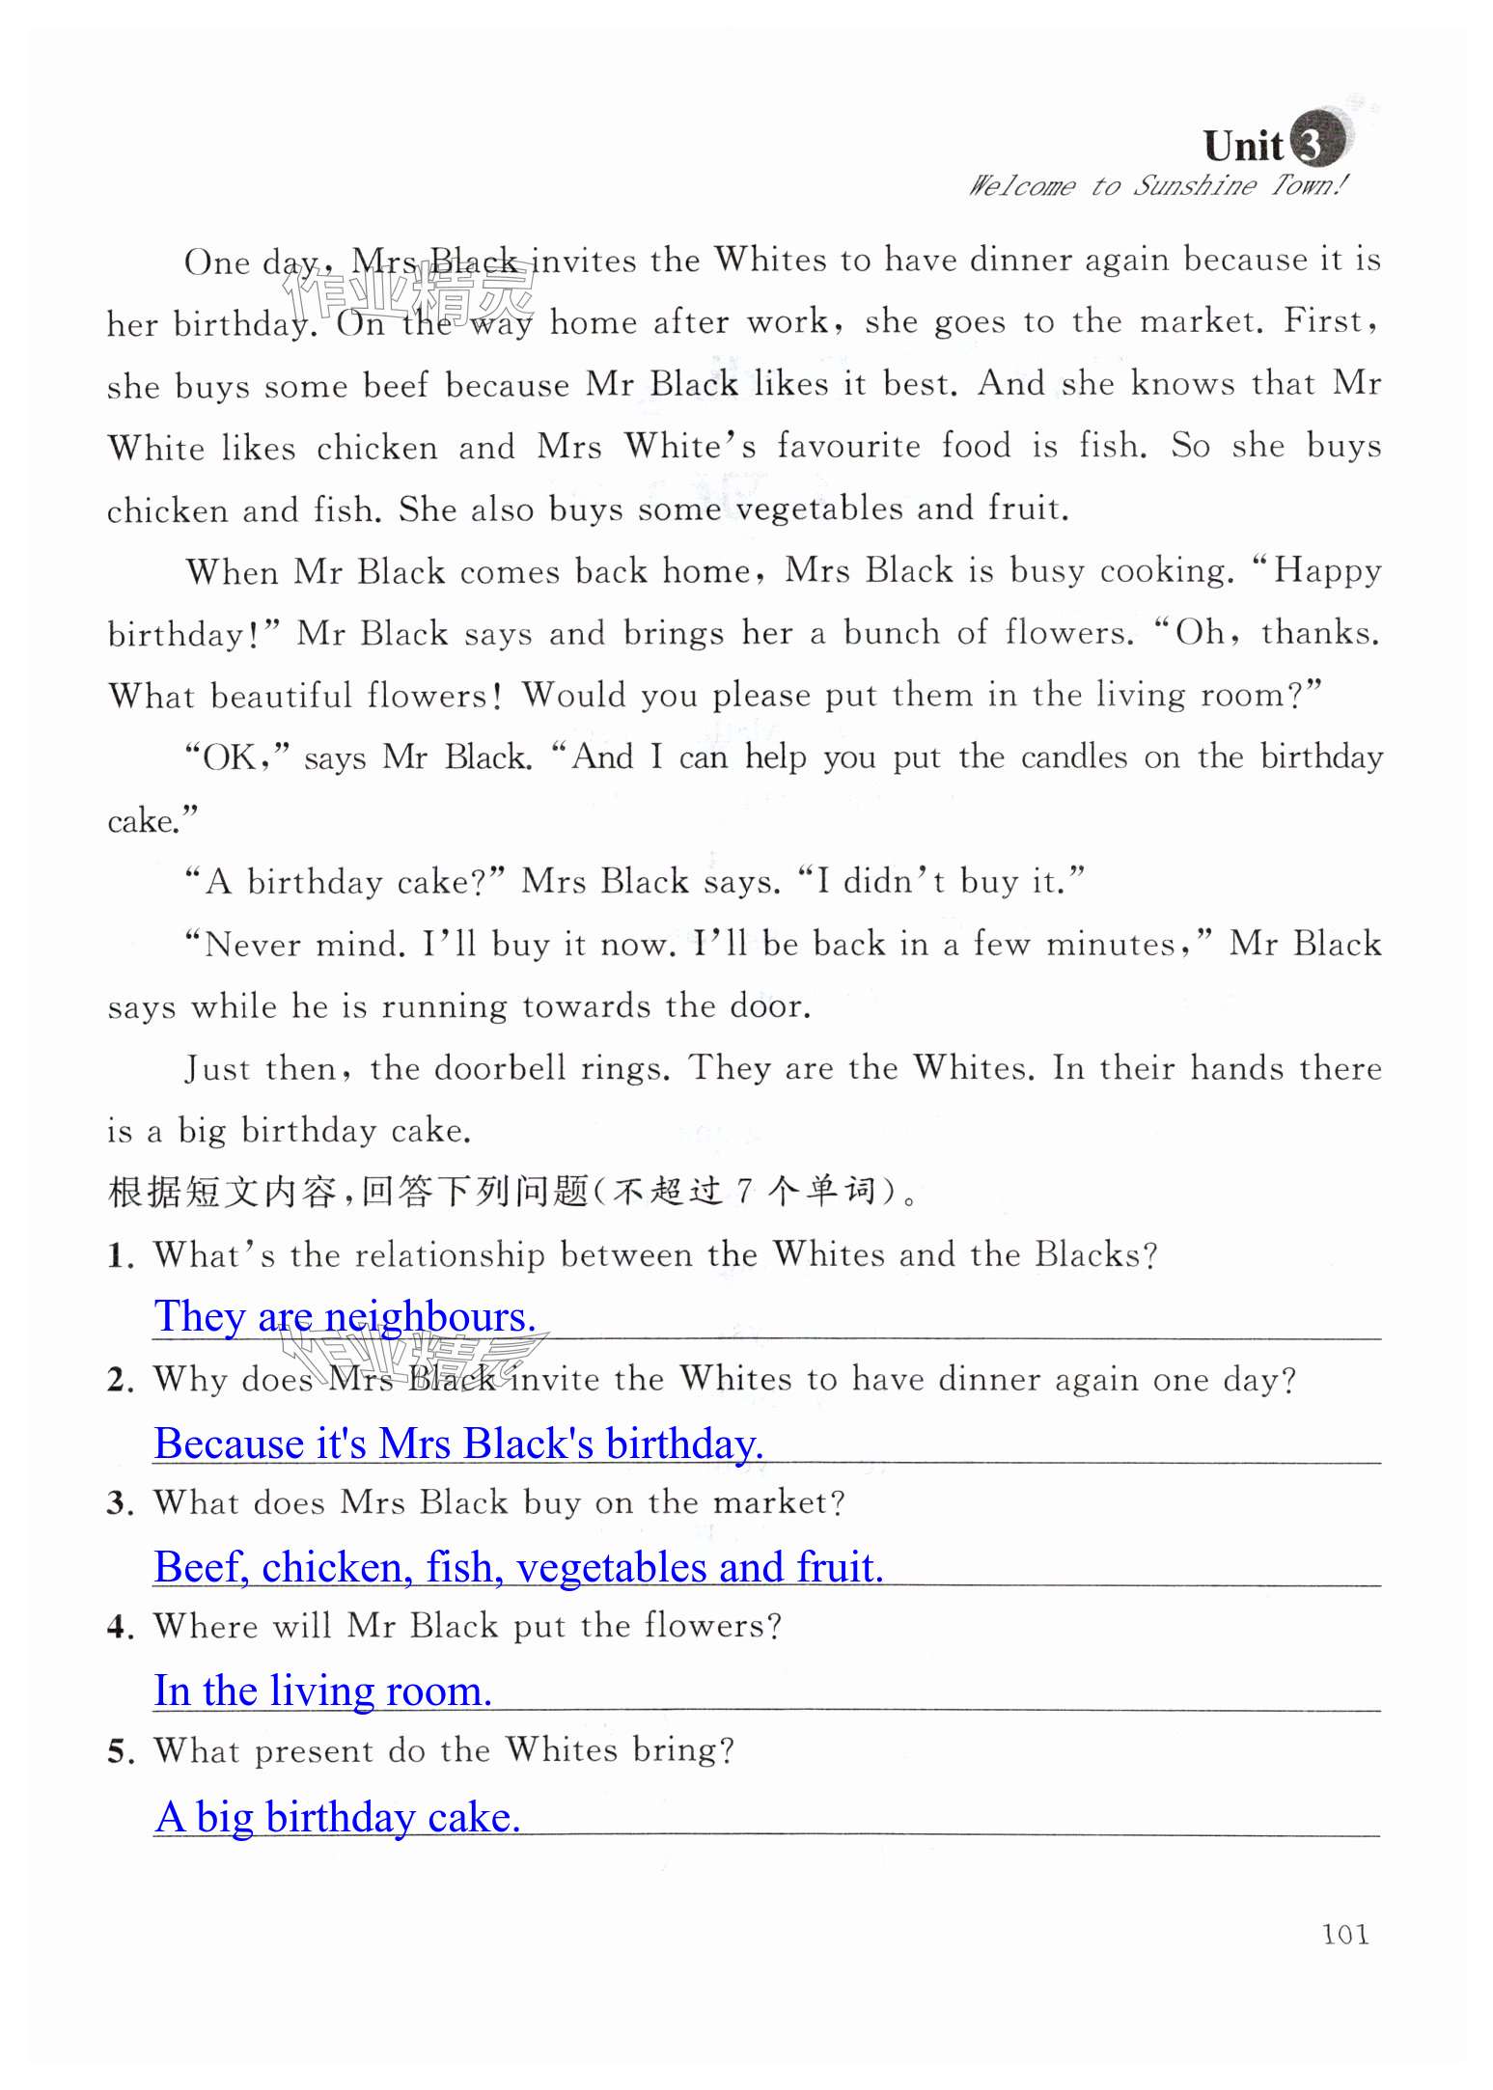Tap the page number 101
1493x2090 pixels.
(1344, 1934)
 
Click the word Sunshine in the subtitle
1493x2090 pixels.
(1194, 184)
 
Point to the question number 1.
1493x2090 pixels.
(121, 1256)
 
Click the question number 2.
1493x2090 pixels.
(121, 1380)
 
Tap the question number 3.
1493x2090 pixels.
(121, 1503)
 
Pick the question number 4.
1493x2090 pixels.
(121, 1628)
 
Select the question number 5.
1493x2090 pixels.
(121, 1751)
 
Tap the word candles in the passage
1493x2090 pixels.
(1073, 757)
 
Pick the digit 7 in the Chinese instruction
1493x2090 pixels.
(744, 1192)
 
